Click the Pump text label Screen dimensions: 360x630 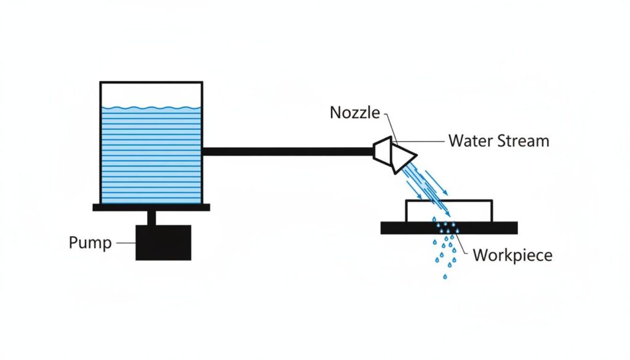point(90,243)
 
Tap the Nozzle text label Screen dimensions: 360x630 point(355,113)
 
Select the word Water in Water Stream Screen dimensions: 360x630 point(470,141)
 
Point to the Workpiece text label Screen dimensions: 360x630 point(512,255)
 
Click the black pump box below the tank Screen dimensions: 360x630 point(163,242)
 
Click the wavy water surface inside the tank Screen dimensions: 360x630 point(151,109)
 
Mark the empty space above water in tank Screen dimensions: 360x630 point(151,94)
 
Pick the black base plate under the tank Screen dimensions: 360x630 point(151,207)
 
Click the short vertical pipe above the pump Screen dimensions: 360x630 point(151,218)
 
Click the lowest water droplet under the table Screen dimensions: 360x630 point(444,276)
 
